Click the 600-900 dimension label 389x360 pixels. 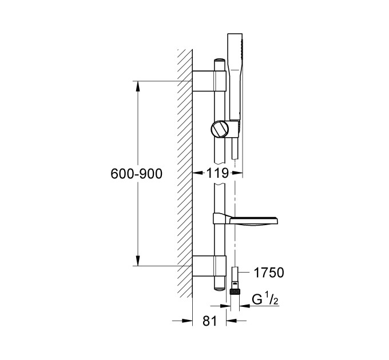136,174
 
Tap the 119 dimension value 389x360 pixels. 217,173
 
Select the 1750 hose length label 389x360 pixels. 269,273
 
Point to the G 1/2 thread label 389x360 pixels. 265,299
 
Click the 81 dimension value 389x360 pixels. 209,321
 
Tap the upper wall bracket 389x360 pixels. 209,81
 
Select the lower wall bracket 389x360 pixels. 209,266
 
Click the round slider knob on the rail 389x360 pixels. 219,129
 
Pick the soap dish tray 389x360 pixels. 253,220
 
